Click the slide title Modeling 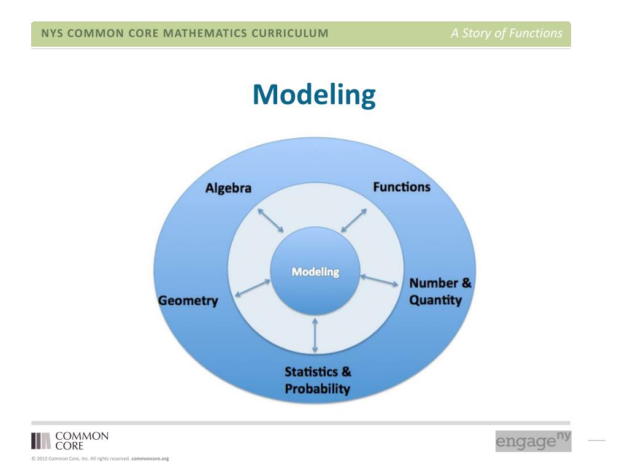coord(313,95)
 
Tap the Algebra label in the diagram coord(228,188)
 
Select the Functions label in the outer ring coord(402,186)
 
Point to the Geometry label coord(188,301)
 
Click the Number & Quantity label coord(440,291)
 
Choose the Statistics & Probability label coord(318,380)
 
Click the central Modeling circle coord(315,271)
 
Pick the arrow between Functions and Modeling coord(354,220)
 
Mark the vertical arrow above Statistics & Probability coord(315,335)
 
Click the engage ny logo coord(533,441)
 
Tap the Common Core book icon coord(41,441)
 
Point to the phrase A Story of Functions coord(506,34)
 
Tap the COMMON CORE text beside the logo coord(82,441)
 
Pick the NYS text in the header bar coord(52,34)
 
